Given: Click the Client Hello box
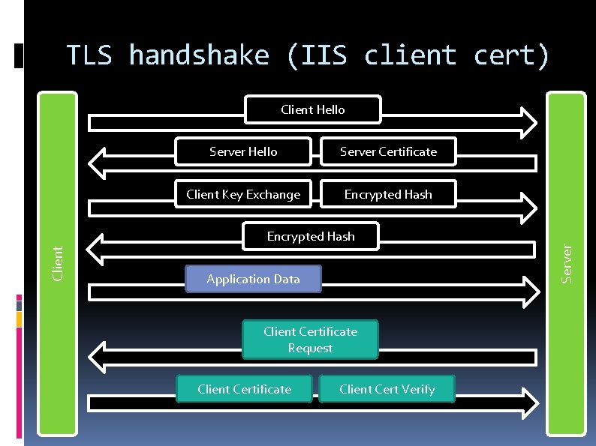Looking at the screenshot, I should [313, 109].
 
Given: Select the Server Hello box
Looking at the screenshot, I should [243, 151].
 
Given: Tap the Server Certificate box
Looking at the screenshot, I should [388, 151].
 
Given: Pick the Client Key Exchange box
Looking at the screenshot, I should [243, 194].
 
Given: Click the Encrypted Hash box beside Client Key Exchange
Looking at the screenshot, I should [388, 194].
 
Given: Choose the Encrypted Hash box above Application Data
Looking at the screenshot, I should [311, 236].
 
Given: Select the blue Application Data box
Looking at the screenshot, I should [253, 279].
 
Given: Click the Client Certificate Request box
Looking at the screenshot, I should [310, 340].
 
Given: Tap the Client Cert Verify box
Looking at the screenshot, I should [387, 389].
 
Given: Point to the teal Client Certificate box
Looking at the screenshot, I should [244, 389].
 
